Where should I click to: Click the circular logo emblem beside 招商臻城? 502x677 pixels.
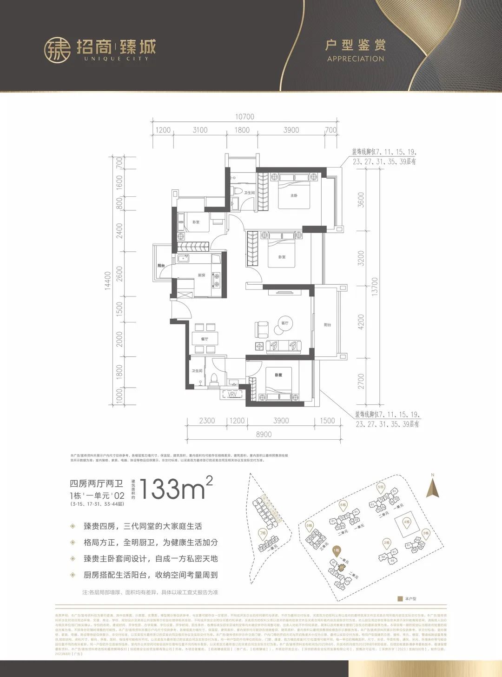(57, 50)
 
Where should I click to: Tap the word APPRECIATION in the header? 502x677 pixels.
(356, 59)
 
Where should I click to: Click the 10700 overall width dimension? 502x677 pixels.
(244, 117)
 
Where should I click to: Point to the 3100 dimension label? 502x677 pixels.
(200, 130)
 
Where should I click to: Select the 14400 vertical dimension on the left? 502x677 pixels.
(108, 281)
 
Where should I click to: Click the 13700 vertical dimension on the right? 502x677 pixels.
(375, 287)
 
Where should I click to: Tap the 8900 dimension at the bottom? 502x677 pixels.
(264, 435)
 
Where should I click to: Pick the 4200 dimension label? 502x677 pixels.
(361, 322)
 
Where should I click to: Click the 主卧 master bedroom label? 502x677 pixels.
(294, 196)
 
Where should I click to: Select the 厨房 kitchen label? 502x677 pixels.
(202, 275)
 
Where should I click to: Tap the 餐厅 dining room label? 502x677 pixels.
(205, 339)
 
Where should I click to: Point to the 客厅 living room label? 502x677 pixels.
(285, 323)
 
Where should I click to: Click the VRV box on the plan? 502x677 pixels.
(232, 395)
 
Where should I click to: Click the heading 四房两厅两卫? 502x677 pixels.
(96, 484)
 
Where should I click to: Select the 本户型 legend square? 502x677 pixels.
(400, 599)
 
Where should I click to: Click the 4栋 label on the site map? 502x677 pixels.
(407, 522)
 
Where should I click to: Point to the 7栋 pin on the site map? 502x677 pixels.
(263, 533)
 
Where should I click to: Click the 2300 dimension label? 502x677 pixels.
(207, 421)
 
